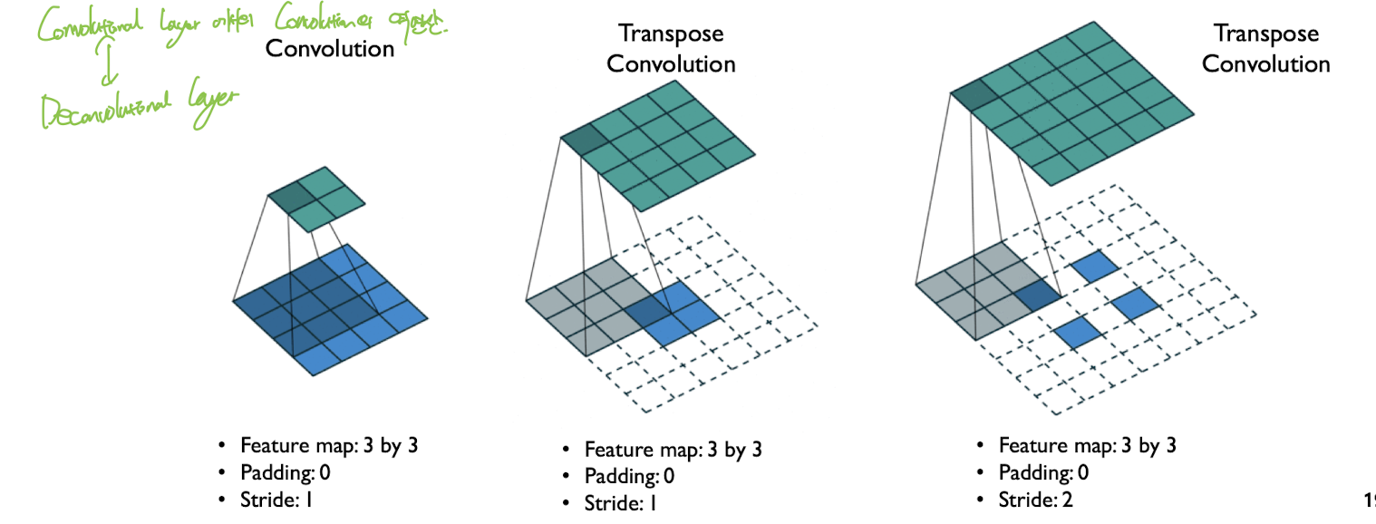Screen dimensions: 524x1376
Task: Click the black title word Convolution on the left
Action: (330, 48)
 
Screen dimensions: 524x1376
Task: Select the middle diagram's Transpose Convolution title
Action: (671, 49)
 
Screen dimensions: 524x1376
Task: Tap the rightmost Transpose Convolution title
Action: (1265, 49)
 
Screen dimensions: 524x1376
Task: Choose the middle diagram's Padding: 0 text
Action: (629, 476)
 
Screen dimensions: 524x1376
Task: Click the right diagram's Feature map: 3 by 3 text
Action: (1088, 445)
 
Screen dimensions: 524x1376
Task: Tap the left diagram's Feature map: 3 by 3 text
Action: (329, 445)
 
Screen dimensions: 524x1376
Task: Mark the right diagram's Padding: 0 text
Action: (1043, 472)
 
